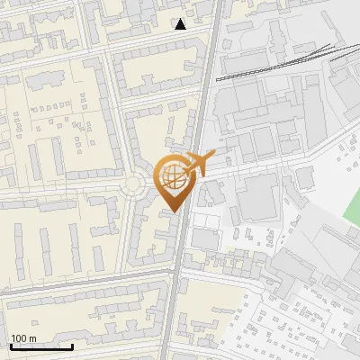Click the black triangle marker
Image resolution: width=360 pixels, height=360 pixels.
[x=181, y=24]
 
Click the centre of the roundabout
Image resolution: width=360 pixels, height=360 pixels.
[x=134, y=185]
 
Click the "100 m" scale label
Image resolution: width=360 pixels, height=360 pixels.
[x=22, y=337]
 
